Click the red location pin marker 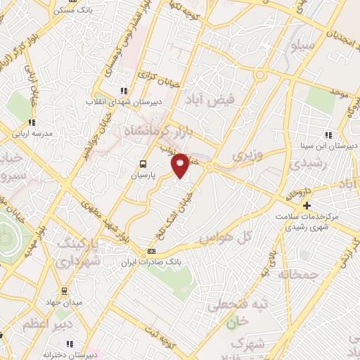(x=181, y=165)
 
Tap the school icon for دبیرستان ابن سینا (x=328, y=135)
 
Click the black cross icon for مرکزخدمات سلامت (x=307, y=205)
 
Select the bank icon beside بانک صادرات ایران (x=150, y=252)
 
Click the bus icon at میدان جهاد (x=64, y=290)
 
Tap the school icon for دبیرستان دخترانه (x=70, y=344)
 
